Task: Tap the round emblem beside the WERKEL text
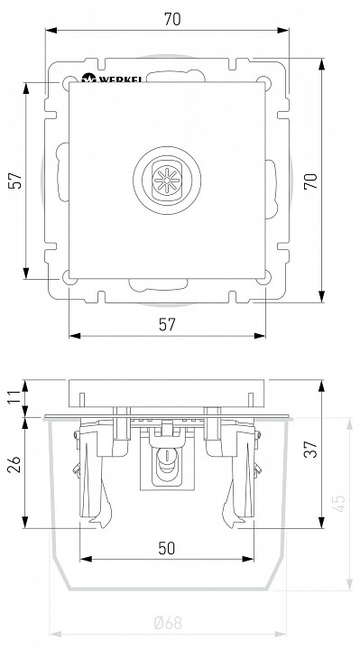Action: coord(88,79)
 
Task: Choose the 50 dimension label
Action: coord(168,548)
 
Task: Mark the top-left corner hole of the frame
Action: coord(68,85)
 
